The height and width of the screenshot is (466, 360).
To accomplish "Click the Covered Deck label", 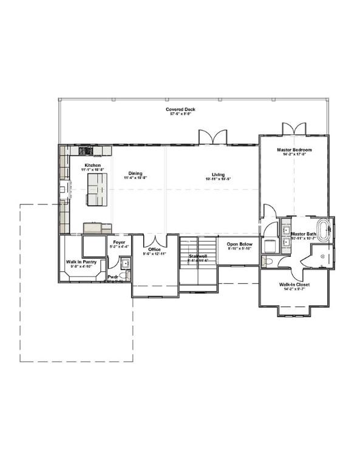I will click(180, 109).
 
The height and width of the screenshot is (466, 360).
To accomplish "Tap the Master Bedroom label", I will click(294, 150).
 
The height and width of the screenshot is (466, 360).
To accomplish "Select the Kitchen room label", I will click(92, 165).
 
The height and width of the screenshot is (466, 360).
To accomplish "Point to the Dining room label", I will click(135, 174).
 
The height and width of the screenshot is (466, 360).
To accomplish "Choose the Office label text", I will click(154, 249).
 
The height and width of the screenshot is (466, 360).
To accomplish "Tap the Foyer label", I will click(120, 242).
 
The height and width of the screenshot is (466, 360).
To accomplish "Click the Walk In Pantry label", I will click(81, 262).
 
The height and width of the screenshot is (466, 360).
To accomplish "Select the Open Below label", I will click(240, 244).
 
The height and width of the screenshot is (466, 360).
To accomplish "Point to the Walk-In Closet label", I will click(294, 284).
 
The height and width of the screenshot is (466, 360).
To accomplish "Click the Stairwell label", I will click(198, 256).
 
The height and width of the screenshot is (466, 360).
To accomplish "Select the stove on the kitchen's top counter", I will click(86, 150).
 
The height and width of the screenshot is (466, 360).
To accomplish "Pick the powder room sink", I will click(124, 263).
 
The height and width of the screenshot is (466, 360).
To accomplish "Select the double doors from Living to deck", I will click(213, 138).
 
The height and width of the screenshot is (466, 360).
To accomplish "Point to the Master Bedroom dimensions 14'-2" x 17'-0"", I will click(294, 155).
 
